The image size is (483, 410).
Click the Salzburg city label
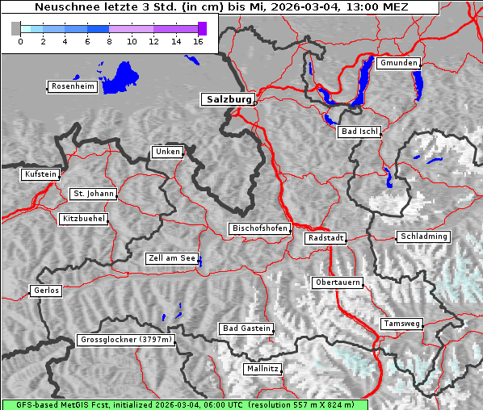(x=228, y=99)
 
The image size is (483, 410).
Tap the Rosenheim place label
(x=71, y=86)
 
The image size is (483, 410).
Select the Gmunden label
(x=398, y=63)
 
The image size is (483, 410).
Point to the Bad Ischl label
(x=359, y=132)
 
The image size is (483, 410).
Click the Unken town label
(x=166, y=152)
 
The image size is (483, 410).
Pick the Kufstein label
(x=40, y=174)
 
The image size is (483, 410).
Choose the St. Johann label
(x=92, y=194)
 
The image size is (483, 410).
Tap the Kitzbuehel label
(x=83, y=219)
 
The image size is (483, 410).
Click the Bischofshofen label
(x=259, y=229)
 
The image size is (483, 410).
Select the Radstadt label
(x=325, y=238)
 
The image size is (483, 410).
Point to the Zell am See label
(x=172, y=258)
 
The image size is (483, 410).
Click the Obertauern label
(x=337, y=282)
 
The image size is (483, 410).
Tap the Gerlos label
(x=45, y=291)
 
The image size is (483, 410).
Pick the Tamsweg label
(x=401, y=324)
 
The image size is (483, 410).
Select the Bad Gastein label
(x=246, y=328)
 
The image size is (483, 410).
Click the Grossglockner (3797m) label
(x=126, y=341)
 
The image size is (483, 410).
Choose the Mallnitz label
(x=262, y=369)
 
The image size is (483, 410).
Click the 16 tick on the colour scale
(x=198, y=41)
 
